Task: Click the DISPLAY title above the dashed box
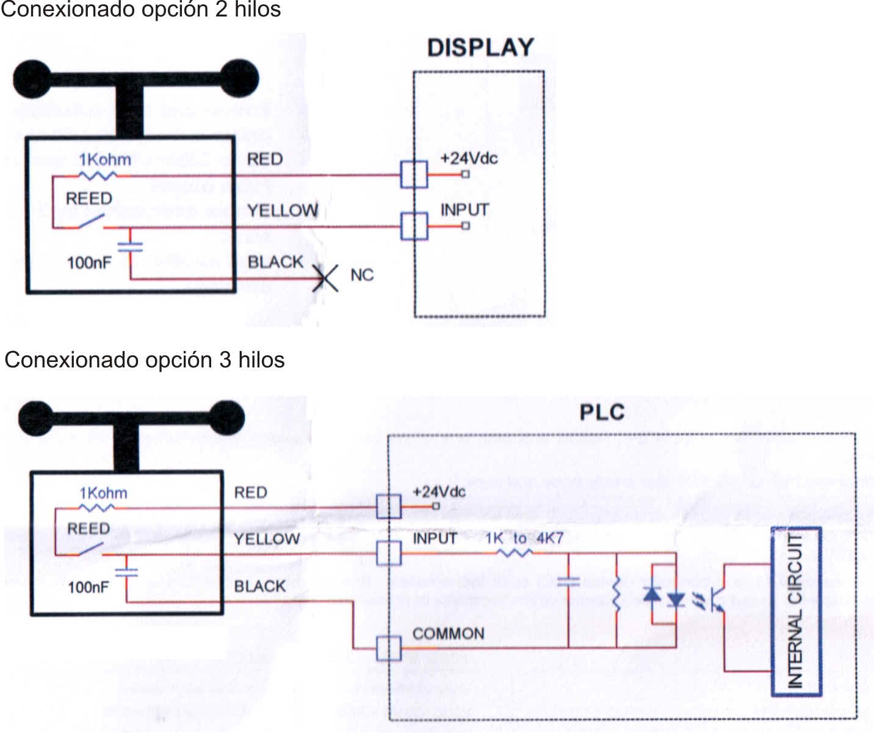480,48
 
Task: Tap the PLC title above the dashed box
602,413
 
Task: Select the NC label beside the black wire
362,275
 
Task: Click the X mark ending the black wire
325,278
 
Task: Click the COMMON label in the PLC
448,634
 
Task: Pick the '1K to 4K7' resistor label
524,538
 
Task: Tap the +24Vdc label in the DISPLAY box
469,159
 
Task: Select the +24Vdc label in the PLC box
439,492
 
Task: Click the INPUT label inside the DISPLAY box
464,210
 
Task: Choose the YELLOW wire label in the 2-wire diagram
283,211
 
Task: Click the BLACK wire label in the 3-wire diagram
260,587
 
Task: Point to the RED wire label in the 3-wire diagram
251,493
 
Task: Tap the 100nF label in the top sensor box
89,263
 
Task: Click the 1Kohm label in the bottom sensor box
104,493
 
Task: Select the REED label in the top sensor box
89,199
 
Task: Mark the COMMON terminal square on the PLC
389,648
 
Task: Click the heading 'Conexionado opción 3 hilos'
145,360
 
